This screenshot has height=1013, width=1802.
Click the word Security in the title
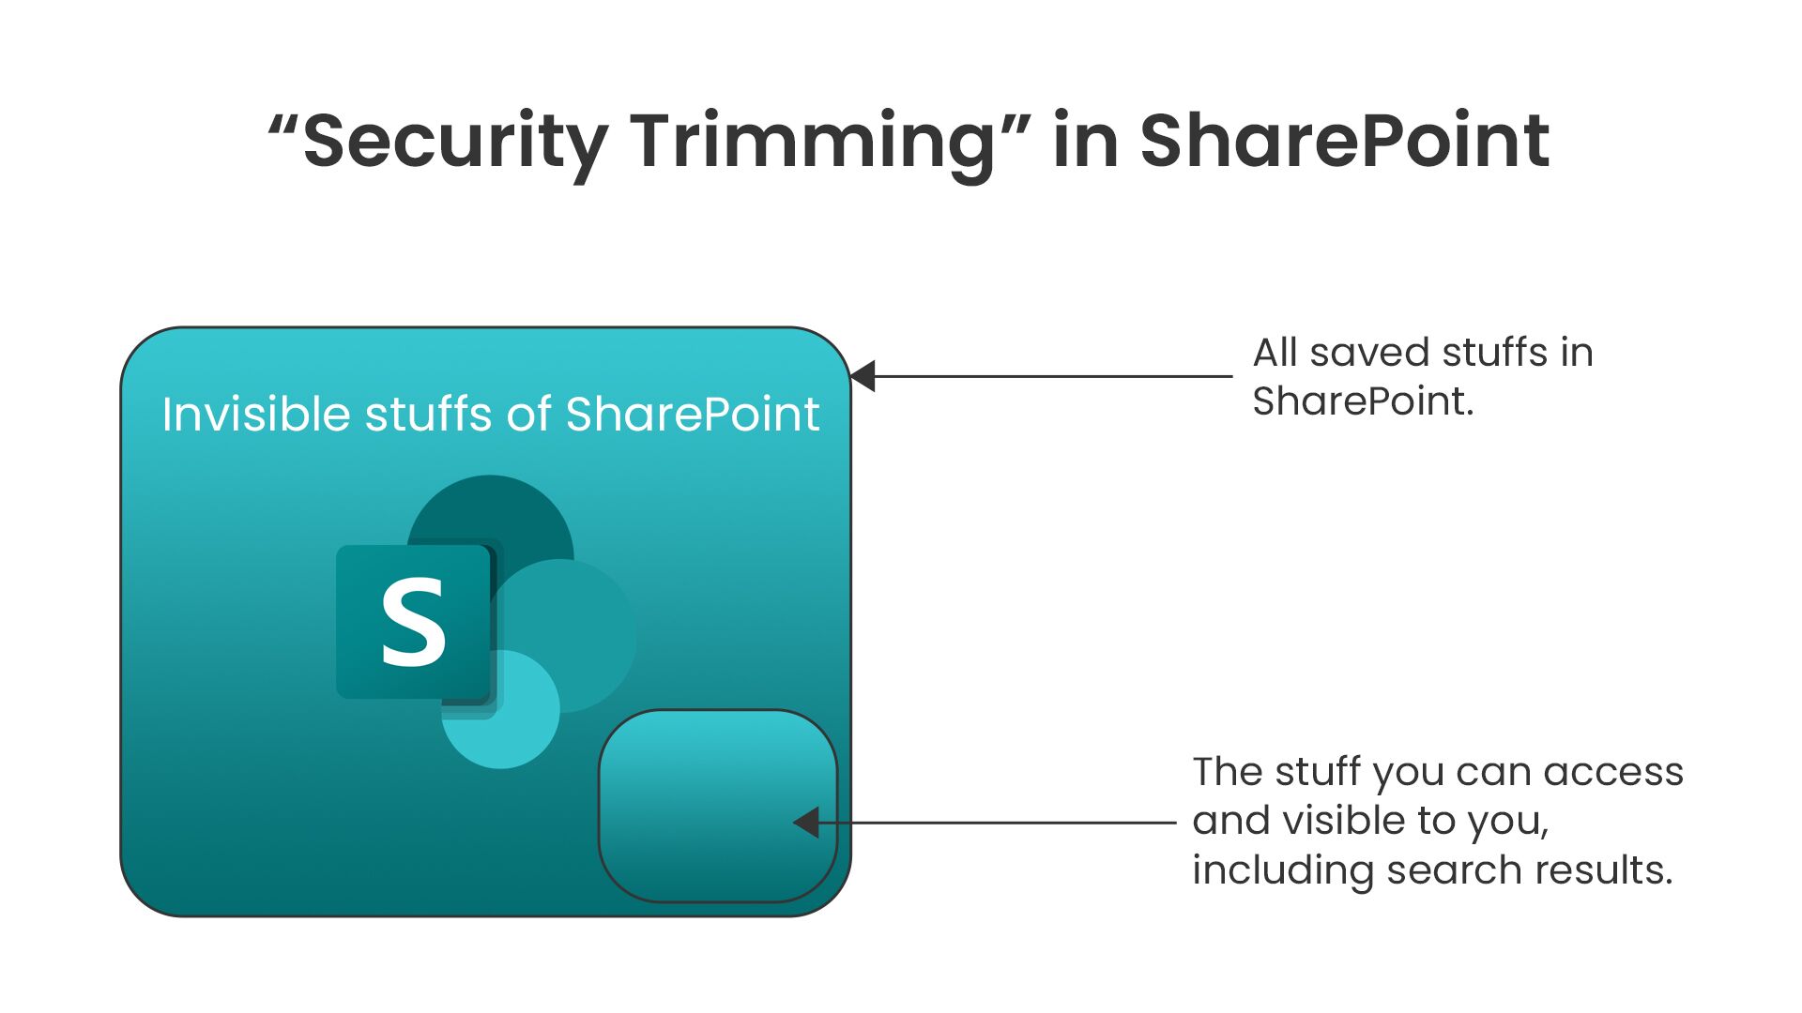(x=456, y=143)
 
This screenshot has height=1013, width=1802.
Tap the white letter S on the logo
(x=413, y=622)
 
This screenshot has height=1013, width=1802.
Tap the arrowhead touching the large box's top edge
(x=863, y=376)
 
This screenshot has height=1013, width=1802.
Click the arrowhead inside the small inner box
(x=806, y=823)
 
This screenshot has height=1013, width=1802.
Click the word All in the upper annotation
(x=1275, y=353)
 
